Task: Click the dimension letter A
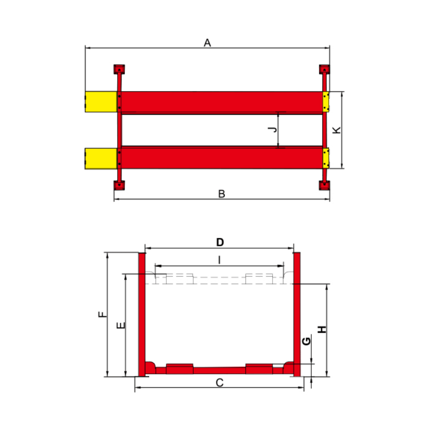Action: pyautogui.click(x=207, y=43)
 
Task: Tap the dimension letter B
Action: pyautogui.click(x=221, y=194)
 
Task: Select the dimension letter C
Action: pyautogui.click(x=219, y=382)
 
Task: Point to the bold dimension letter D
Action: pyautogui.click(x=220, y=242)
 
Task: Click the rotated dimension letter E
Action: pyautogui.click(x=121, y=325)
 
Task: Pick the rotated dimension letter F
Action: pyautogui.click(x=102, y=314)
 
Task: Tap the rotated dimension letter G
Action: pyautogui.click(x=306, y=341)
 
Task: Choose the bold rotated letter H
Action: pyautogui.click(x=322, y=329)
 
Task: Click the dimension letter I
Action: pyautogui.click(x=219, y=260)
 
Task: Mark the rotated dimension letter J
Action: pyautogui.click(x=273, y=129)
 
